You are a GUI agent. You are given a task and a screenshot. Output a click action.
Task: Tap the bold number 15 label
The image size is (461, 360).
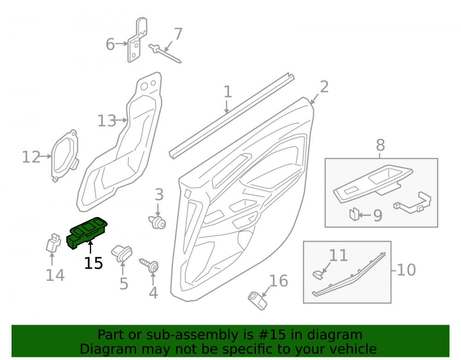coord(94,263)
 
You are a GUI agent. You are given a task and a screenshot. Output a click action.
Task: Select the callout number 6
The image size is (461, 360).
coord(110,44)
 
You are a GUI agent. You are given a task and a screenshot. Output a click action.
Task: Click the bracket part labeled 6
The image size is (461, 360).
coord(136,40)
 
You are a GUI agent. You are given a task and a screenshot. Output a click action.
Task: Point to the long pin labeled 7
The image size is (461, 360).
coord(165,53)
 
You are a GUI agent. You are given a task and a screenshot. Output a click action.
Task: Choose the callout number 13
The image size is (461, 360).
coord(107,121)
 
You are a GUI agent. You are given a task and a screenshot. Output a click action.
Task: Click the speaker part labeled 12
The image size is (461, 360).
coord(65,156)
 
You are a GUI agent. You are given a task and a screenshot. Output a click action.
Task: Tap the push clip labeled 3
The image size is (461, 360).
coord(157,223)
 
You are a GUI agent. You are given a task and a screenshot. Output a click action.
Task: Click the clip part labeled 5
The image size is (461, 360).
coord(122,254)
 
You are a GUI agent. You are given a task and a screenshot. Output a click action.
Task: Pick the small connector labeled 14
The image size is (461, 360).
coord(53,243)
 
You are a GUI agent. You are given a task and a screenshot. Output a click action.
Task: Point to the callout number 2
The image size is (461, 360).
coord(324,87)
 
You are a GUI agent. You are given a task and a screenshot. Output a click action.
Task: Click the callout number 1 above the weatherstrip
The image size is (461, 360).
coord(228,92)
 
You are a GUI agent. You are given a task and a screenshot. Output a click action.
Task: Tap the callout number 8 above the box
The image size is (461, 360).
coord(380,145)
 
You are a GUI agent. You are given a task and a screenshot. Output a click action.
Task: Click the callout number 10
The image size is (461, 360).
coord(406,270)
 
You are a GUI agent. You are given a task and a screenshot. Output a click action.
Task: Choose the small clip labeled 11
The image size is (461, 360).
coord(318,275)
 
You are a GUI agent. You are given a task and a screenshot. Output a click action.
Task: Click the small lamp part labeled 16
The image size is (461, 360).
coord(258,301)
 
